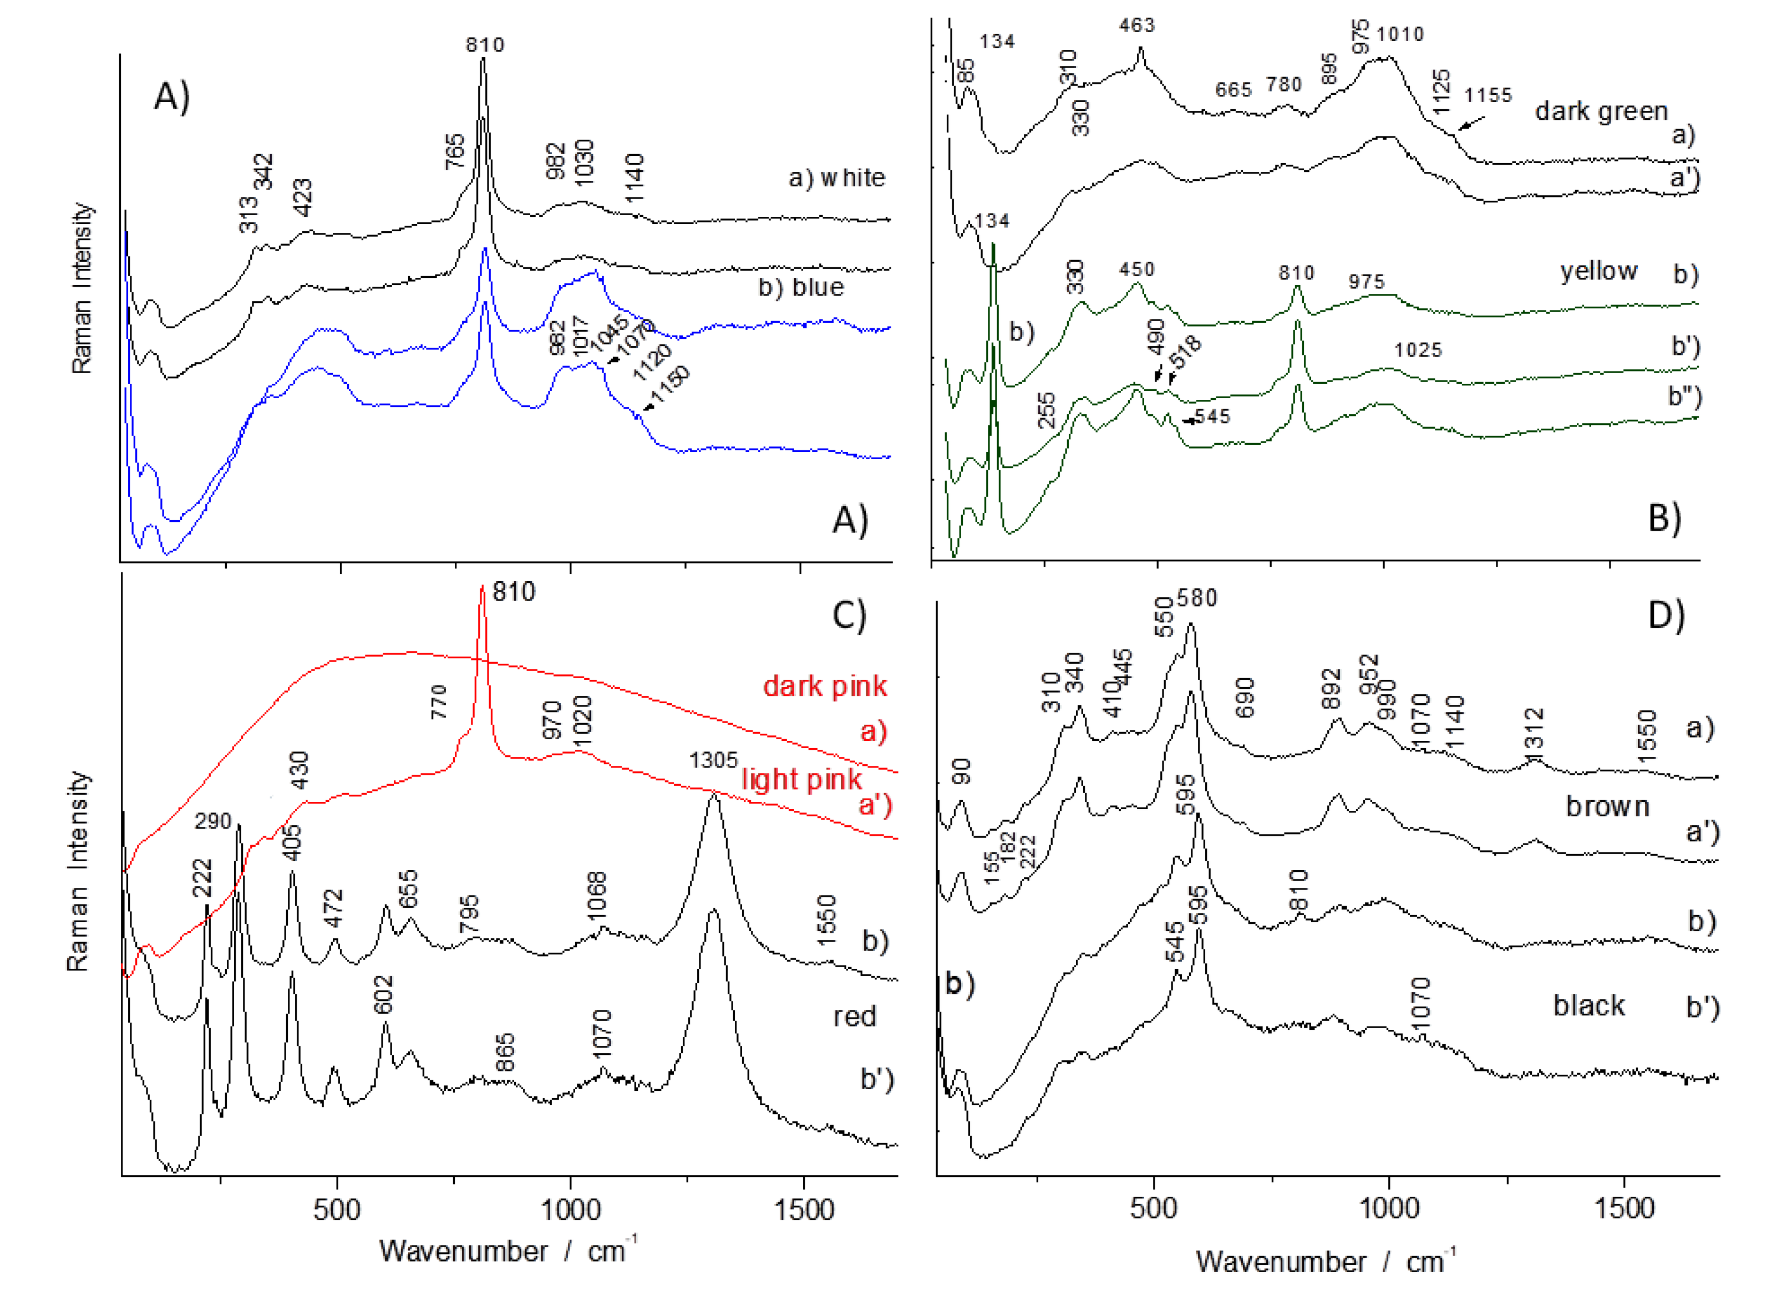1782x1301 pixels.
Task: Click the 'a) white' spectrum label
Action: (x=836, y=178)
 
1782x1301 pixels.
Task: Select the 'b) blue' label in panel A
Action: (x=801, y=287)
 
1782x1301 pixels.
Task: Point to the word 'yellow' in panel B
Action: (x=1598, y=271)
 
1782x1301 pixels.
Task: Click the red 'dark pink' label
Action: (x=825, y=686)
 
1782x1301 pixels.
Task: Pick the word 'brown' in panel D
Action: (x=1607, y=806)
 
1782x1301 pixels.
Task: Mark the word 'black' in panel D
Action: (x=1588, y=1005)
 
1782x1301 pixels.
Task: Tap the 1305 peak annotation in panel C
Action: (x=713, y=760)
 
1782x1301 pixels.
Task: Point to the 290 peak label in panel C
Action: (x=214, y=821)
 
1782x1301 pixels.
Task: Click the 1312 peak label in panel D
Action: (x=1535, y=729)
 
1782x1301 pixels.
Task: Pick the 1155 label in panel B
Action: (x=1487, y=95)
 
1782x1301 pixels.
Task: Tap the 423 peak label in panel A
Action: (x=303, y=197)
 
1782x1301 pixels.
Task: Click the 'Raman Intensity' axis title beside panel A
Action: (x=82, y=287)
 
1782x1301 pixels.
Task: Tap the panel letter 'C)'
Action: (x=849, y=615)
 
